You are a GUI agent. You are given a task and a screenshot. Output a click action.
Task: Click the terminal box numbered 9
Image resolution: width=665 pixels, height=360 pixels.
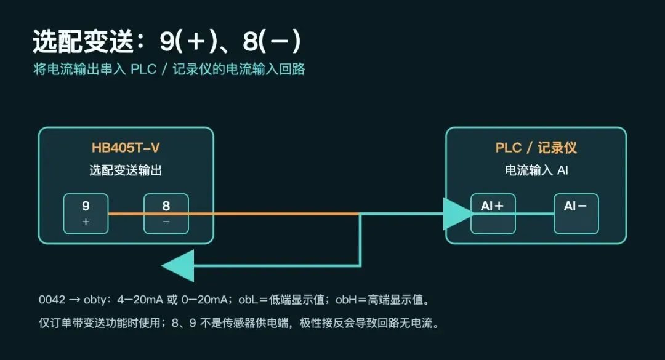click(x=86, y=214)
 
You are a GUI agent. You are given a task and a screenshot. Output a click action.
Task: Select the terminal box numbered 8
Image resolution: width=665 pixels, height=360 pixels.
click(x=166, y=214)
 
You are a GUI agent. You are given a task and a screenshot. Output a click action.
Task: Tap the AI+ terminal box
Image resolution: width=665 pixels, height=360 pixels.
click(x=493, y=214)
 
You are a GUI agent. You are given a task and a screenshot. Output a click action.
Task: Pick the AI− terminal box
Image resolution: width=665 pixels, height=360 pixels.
click(x=576, y=214)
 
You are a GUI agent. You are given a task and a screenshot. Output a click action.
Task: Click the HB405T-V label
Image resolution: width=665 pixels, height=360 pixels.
click(x=126, y=148)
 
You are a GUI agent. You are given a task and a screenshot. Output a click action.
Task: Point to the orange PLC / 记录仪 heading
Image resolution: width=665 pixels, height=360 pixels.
click(x=536, y=148)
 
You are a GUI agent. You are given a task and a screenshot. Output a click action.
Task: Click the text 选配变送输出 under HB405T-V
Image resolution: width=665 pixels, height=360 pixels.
click(x=126, y=170)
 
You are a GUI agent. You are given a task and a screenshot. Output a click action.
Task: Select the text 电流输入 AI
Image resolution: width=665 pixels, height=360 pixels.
click(x=536, y=170)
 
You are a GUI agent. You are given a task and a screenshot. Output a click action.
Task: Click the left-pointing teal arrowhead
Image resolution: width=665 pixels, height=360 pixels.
click(x=178, y=266)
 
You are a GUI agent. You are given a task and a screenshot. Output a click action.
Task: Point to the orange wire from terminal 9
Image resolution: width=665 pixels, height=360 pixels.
click(x=234, y=214)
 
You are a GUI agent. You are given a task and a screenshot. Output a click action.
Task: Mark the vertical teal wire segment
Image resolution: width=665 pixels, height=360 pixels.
click(x=360, y=240)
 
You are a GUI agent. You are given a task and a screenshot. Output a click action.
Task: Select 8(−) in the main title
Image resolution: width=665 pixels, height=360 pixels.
click(x=272, y=41)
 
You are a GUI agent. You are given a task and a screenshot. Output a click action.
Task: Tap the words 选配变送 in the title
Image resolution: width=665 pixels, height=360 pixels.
click(x=84, y=42)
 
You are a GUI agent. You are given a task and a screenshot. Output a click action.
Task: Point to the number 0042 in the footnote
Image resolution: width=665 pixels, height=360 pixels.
click(x=52, y=300)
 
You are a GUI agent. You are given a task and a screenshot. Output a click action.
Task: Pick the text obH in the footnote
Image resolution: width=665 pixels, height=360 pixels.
click(x=345, y=300)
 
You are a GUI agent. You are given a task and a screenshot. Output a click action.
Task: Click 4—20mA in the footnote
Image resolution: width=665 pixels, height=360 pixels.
click(x=140, y=300)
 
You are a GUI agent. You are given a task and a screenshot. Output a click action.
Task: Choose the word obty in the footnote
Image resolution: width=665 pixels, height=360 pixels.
click(x=95, y=300)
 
